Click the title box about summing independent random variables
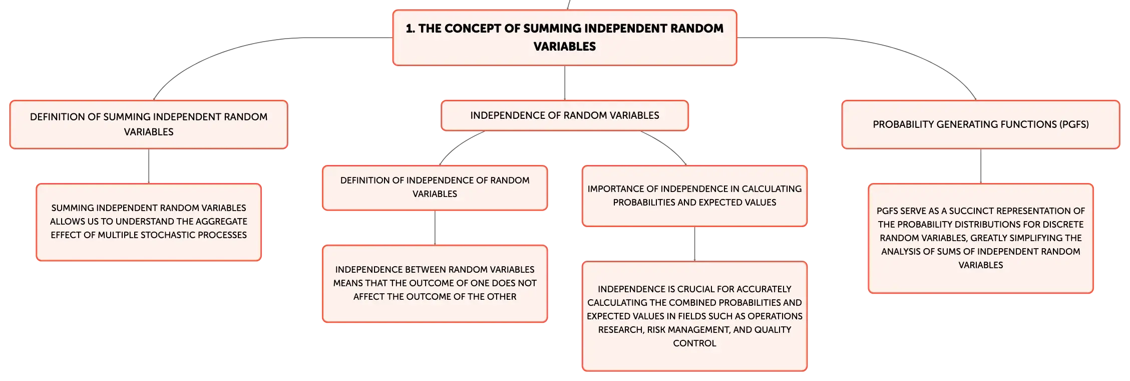[x=565, y=38]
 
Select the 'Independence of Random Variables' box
[x=565, y=115]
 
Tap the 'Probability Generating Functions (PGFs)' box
[x=981, y=124]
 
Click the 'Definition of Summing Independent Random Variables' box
[x=149, y=124]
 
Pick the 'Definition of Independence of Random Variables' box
[x=435, y=187]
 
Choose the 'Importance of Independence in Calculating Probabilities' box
[x=694, y=196]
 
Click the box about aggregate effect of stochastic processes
[x=149, y=222]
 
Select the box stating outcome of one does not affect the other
[x=435, y=283]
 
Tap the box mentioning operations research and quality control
[x=694, y=316]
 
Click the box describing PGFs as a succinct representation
[x=981, y=238]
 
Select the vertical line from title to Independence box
[x=565, y=83]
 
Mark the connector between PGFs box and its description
[x=981, y=166]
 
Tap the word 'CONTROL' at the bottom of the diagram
[x=694, y=343]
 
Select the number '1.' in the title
[x=411, y=29]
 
